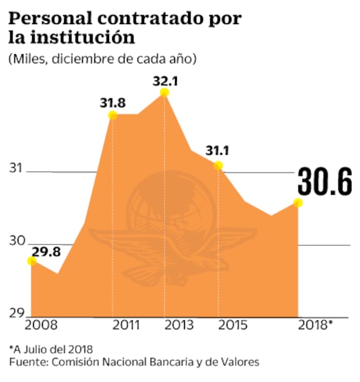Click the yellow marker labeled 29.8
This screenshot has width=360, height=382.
coord(32,261)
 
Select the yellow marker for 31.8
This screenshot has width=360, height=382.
coord(112,115)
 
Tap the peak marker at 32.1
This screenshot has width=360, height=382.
coord(164,92)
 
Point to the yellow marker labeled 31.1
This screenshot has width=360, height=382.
coord(218,165)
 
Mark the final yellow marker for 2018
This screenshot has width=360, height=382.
coord(298,203)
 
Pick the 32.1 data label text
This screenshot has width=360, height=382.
coord(165,79)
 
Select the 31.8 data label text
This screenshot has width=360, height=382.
coord(112,102)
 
